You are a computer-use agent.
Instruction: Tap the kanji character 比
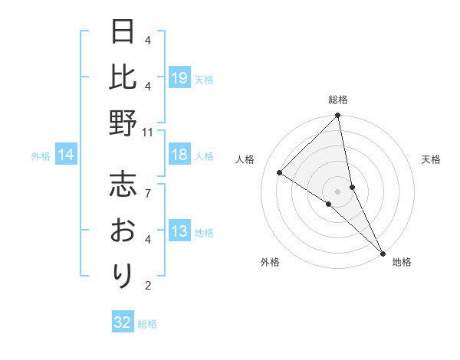[123, 78]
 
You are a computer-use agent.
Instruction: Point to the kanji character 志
[123, 184]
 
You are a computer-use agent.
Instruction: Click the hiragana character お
[123, 230]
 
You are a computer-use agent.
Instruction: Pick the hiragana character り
[123, 274]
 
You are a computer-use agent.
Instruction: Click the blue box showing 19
[179, 79]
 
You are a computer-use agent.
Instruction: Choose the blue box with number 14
[65, 155]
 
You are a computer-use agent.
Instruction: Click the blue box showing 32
[123, 322]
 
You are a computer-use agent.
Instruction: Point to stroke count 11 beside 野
[148, 132]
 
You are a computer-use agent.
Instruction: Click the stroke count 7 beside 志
[148, 185]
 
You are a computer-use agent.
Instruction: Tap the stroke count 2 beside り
[148, 286]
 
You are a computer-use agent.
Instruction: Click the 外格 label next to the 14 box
[41, 156]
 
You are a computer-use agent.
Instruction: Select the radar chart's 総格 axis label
[338, 100]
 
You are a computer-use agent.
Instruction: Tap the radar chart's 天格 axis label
[431, 159]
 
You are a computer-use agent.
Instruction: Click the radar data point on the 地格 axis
[382, 253]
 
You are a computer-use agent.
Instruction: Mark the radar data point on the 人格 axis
[280, 172]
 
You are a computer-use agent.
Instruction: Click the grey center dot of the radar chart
[337, 191]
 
